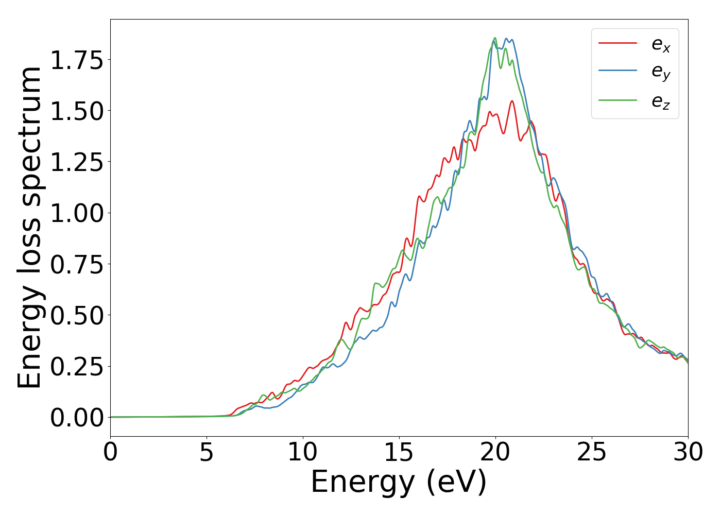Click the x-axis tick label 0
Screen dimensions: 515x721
click(x=110, y=453)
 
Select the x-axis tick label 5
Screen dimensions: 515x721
click(x=207, y=453)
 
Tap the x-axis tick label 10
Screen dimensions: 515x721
click(x=303, y=453)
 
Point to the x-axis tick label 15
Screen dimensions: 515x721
click(x=399, y=453)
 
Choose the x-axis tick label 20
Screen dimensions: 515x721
click(x=495, y=453)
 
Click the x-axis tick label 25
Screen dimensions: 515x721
click(x=592, y=453)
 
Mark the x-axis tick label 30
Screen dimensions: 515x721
click(x=688, y=453)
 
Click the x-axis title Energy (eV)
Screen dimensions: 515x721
click(x=399, y=483)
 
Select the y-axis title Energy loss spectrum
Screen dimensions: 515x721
click(x=29, y=227)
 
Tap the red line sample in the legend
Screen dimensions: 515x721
click(x=617, y=43)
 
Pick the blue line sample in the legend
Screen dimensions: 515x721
click(x=617, y=72)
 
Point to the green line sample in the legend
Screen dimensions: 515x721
click(x=617, y=100)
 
